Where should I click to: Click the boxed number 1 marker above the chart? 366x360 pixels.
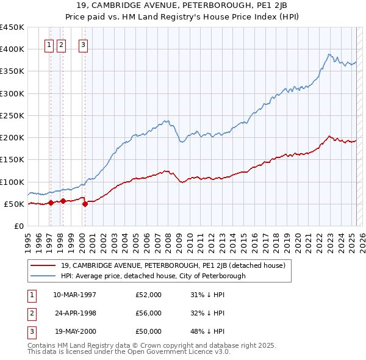(49, 44)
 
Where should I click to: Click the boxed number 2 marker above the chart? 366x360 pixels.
(62, 44)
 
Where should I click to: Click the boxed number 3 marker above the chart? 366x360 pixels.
(82, 44)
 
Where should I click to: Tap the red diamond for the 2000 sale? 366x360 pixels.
(85, 204)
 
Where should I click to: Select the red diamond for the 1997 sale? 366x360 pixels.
(51, 203)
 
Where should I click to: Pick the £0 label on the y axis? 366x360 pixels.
(18, 226)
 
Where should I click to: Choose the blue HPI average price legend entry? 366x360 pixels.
(152, 276)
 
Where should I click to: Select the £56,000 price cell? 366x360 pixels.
(149, 314)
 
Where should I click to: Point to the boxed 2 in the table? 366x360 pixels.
(30, 314)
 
